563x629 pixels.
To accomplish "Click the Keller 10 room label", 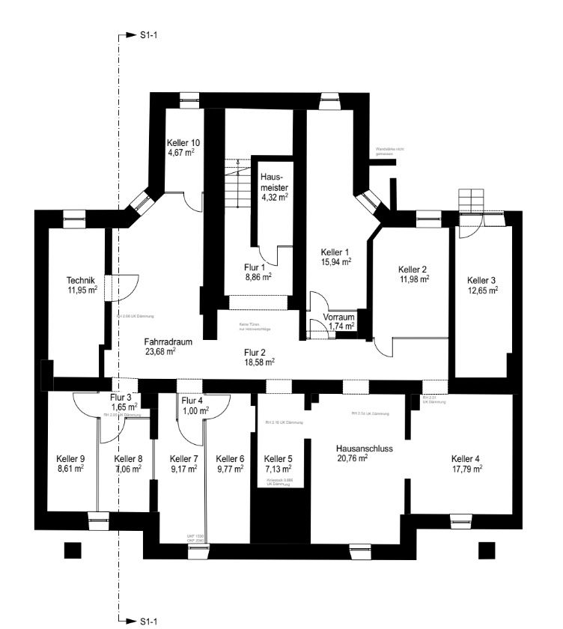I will (x=183, y=142).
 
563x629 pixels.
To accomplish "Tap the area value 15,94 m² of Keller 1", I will (x=336, y=262).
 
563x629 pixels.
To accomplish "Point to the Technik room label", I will (x=82, y=280).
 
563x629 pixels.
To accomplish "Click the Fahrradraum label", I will (x=168, y=341).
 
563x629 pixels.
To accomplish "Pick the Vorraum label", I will (x=339, y=317).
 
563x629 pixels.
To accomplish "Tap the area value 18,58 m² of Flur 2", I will (x=258, y=361).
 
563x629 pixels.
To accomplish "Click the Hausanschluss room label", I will (x=365, y=449).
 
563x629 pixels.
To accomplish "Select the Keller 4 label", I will (x=466, y=458).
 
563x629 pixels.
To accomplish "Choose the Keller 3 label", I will (x=482, y=280).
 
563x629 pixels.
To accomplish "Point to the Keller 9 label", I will (x=70, y=458).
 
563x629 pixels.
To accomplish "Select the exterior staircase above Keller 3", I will (x=472, y=201).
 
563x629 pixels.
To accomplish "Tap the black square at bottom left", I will (x=72, y=550).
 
